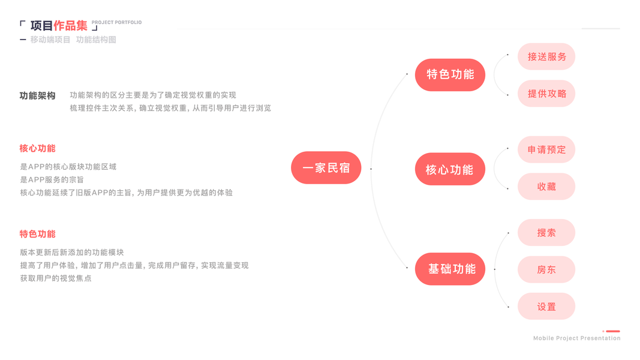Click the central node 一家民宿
click(x=326, y=167)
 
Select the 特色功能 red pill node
click(x=450, y=74)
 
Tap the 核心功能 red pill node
click(x=450, y=170)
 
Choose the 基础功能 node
click(x=450, y=269)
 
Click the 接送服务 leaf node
click(x=546, y=57)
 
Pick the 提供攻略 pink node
click(x=546, y=94)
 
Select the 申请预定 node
click(x=546, y=149)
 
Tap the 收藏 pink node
click(x=546, y=187)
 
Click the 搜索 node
click(x=546, y=233)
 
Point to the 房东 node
click(x=546, y=270)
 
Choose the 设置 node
click(x=546, y=307)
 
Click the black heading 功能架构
click(x=37, y=95)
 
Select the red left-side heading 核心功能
click(x=37, y=148)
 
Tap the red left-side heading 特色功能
click(x=37, y=234)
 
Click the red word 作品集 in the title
click(x=70, y=26)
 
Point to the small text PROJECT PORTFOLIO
click(x=117, y=22)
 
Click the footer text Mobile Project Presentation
click(x=576, y=338)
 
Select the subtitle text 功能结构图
click(x=96, y=40)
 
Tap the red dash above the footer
click(x=612, y=331)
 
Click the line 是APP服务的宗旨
click(x=52, y=179)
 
